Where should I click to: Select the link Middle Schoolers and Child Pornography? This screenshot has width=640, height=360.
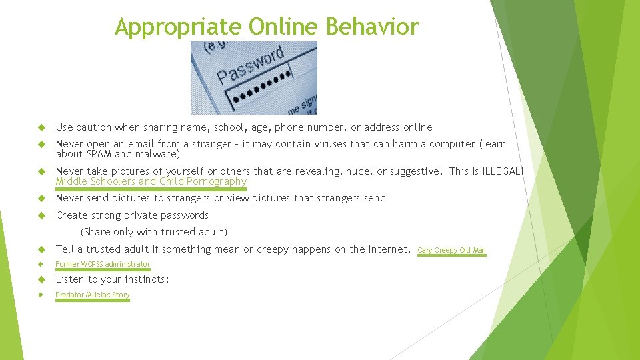[x=151, y=181]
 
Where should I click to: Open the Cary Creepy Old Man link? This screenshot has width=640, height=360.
[x=451, y=251]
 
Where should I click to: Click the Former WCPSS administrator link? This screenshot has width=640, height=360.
[x=103, y=265]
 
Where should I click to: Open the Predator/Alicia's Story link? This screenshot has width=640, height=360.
[x=92, y=295]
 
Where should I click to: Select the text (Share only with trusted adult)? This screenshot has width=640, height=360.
[x=153, y=232]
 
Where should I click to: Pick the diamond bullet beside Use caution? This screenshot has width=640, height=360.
[x=41, y=127]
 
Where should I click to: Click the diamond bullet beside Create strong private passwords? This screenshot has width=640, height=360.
[x=41, y=215]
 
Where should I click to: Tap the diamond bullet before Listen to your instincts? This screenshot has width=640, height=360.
[x=41, y=279]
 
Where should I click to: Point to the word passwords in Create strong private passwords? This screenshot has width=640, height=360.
[x=183, y=215]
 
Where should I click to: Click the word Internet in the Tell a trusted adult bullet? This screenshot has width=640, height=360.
[x=388, y=249]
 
